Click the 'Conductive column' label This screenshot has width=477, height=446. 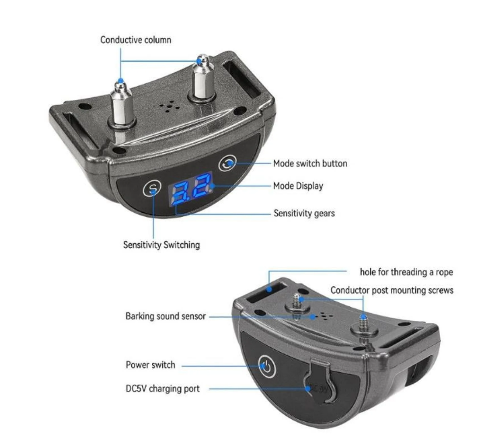(x=136, y=40)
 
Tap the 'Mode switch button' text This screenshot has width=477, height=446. (x=310, y=163)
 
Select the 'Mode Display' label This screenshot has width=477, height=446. (x=298, y=186)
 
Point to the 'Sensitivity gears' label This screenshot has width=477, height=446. (x=304, y=214)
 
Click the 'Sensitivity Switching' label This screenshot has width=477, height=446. (x=161, y=245)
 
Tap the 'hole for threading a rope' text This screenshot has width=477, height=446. (x=406, y=272)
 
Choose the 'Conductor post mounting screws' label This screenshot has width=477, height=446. (x=392, y=290)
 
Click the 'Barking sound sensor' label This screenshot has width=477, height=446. (x=166, y=316)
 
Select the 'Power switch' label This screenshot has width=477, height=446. (x=151, y=365)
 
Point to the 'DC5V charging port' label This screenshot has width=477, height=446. (x=163, y=389)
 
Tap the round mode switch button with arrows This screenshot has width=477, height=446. (x=227, y=163)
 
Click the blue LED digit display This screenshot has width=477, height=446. (x=191, y=189)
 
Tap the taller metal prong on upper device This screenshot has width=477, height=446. (x=202, y=79)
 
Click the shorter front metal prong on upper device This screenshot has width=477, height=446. (x=122, y=104)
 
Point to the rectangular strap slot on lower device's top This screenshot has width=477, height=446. (x=266, y=292)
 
